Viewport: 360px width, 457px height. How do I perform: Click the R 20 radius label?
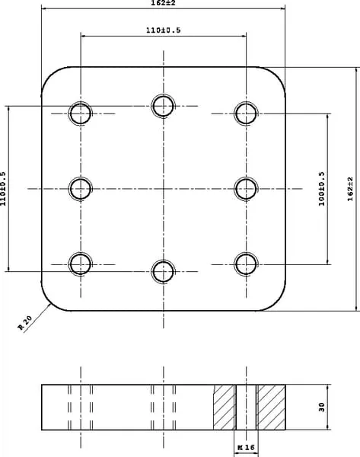pyautogui.click(x=25, y=323)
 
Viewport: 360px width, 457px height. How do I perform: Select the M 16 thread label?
pyautogui.click(x=246, y=447)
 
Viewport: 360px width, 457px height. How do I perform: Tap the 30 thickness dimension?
pyautogui.click(x=321, y=407)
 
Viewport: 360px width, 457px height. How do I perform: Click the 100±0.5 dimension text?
pyautogui.click(x=321, y=189)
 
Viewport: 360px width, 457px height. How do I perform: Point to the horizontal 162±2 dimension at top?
pyautogui.click(x=163, y=3)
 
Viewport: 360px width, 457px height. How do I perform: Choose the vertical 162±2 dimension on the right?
pyautogui.click(x=350, y=189)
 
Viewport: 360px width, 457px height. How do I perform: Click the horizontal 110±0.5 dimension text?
pyautogui.click(x=163, y=30)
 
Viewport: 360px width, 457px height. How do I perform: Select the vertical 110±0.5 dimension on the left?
pyautogui.click(x=3, y=189)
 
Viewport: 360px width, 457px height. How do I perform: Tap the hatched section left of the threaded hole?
pyautogui.click(x=225, y=407)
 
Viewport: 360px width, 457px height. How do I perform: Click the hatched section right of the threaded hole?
pyautogui.click(x=271, y=407)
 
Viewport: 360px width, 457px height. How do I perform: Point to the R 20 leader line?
pyautogui.click(x=37, y=318)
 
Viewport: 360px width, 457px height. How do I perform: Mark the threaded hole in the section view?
pyautogui.click(x=246, y=407)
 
